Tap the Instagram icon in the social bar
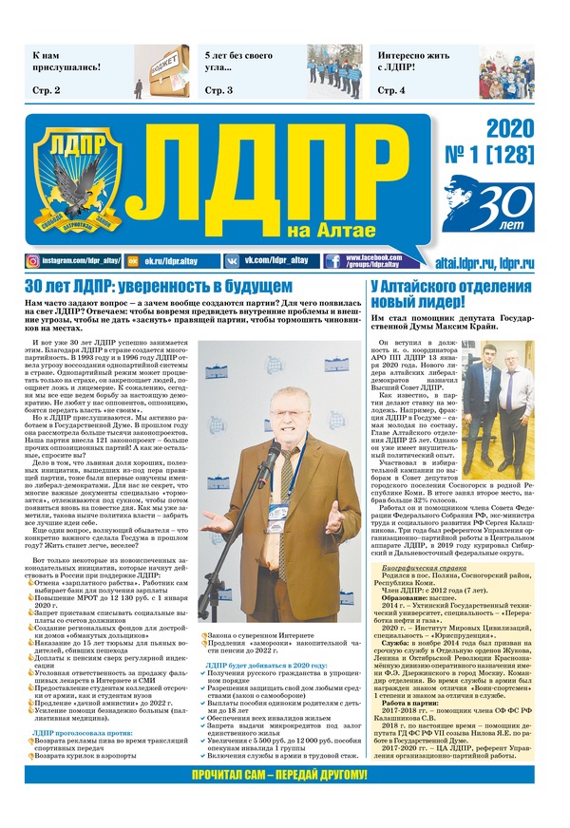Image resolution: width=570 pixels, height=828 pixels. click(x=32, y=261)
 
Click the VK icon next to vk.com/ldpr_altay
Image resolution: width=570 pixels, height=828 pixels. click(x=232, y=261)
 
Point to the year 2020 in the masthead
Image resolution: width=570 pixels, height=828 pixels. click(x=512, y=130)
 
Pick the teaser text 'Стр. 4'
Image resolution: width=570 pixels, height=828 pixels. click(x=390, y=90)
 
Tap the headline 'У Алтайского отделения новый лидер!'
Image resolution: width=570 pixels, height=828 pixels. click(x=451, y=294)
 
